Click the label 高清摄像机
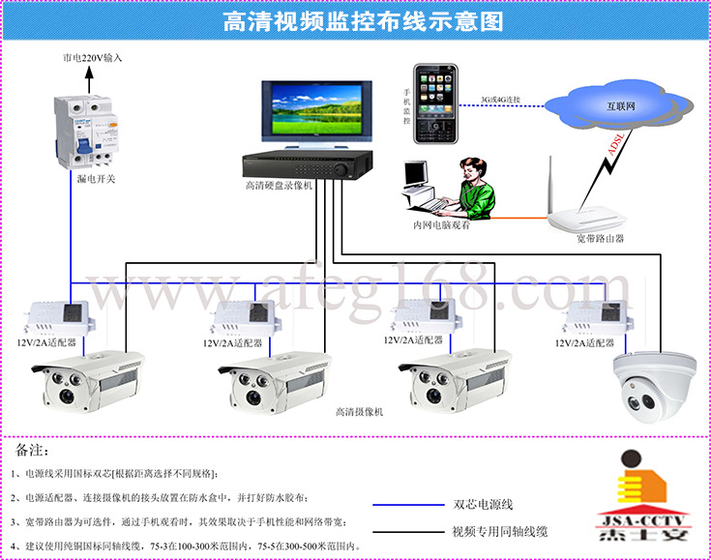coord(359,412)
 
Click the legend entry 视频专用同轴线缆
coord(500,532)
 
